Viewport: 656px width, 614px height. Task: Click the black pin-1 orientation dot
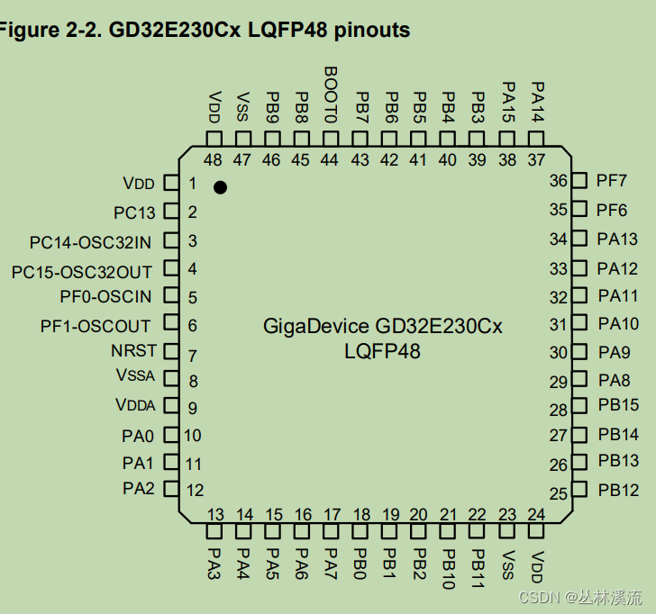[220, 187]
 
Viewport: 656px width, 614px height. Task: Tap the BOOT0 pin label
[330, 95]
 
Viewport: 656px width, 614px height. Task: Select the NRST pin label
[134, 351]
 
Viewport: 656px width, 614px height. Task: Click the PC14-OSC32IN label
[90, 242]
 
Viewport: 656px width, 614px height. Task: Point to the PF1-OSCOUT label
[96, 325]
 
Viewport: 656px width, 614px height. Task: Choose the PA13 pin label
[617, 239]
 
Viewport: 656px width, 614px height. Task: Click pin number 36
[559, 182]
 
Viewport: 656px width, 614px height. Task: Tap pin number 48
[213, 160]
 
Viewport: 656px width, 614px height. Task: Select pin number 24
[536, 515]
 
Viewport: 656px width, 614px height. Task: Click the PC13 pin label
[134, 213]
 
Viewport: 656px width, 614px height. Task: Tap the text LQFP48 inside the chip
[382, 351]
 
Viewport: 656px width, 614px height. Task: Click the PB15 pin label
[618, 405]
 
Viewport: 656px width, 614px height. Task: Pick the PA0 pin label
[138, 437]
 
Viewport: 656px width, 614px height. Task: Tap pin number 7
[192, 356]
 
